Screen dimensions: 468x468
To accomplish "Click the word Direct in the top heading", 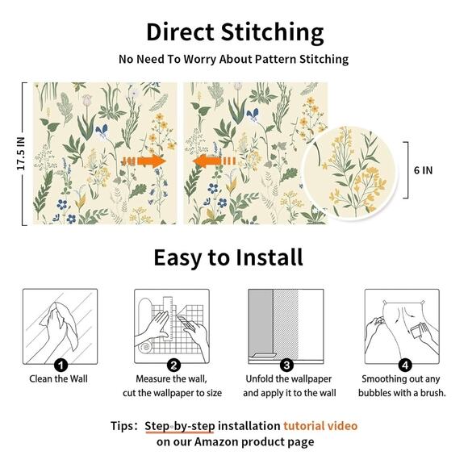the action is click(x=180, y=32).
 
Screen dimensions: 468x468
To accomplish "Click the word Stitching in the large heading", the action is click(x=272, y=33).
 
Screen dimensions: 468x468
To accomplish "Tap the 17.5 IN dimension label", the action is click(x=21, y=153).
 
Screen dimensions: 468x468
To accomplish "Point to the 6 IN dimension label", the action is click(x=423, y=170).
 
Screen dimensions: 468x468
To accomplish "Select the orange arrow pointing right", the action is click(x=144, y=161).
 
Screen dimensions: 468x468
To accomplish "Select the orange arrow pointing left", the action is click(x=214, y=161).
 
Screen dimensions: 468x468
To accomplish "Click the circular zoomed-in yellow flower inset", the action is click(x=349, y=173).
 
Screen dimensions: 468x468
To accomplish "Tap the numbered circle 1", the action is click(x=61, y=365).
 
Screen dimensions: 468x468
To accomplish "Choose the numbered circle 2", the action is click(x=173, y=365).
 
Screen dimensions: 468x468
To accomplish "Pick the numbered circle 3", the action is click(x=286, y=365).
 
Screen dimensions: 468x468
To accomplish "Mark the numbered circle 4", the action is click(x=405, y=365).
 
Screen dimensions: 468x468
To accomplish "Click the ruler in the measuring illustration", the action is click(x=168, y=319).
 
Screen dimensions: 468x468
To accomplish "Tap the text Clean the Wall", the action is click(x=58, y=378).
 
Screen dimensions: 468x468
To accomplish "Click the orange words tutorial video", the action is click(x=320, y=425).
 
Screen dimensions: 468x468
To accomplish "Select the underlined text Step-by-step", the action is click(x=180, y=427).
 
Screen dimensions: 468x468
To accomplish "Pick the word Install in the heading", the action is click(x=270, y=257).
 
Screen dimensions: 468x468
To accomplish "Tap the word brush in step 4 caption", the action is click(x=432, y=393).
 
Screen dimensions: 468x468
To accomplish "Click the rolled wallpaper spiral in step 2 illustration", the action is click(x=145, y=348).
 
